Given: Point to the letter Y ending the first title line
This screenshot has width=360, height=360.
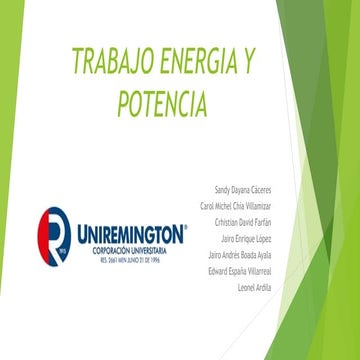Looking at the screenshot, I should (245, 64).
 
